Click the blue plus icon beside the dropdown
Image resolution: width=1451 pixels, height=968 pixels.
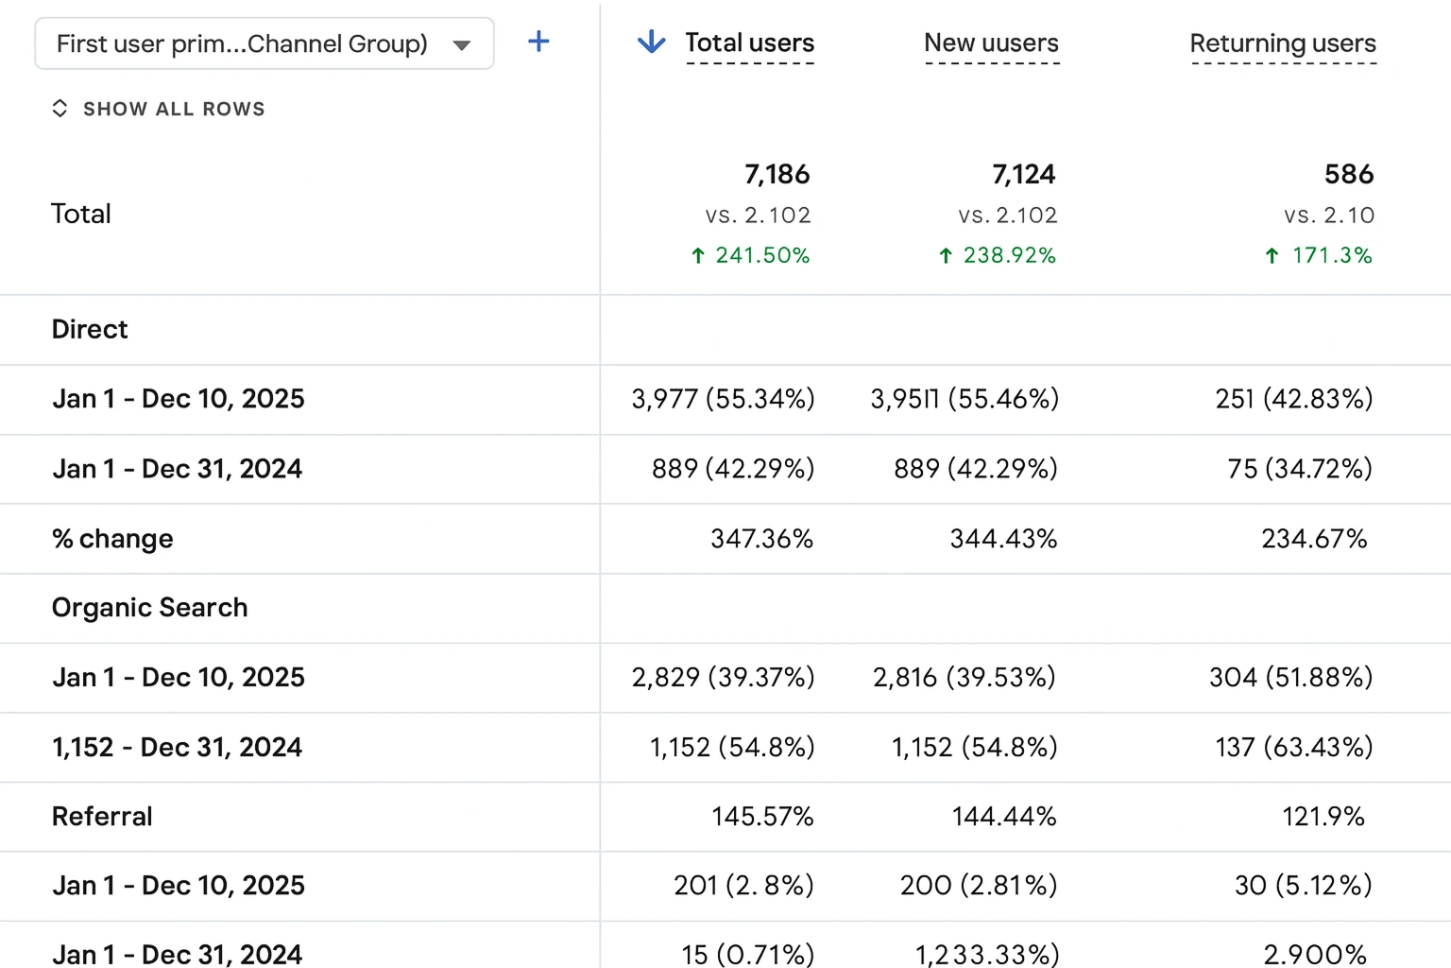tap(538, 43)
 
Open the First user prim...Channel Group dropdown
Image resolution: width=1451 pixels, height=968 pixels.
tap(265, 43)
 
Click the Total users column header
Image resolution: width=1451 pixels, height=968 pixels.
tap(749, 43)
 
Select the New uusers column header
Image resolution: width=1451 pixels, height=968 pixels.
tap(991, 43)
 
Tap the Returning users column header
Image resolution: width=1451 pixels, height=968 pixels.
tap(1283, 43)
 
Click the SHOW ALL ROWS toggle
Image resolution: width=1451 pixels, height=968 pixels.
tap(159, 109)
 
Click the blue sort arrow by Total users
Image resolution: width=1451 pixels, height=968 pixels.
tap(651, 42)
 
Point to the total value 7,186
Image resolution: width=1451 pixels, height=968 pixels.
tap(777, 174)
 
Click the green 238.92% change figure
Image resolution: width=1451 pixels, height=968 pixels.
tap(998, 255)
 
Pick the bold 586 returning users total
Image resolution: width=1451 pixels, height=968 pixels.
tap(1349, 174)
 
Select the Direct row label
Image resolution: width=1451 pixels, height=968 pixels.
tap(90, 329)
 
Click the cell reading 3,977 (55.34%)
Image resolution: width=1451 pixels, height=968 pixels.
tap(723, 399)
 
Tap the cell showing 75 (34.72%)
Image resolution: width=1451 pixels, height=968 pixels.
tap(1300, 469)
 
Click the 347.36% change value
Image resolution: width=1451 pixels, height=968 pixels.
tap(761, 539)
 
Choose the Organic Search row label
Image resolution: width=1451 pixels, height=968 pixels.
tap(149, 608)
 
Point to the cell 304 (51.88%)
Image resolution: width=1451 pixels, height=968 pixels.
tap(1291, 678)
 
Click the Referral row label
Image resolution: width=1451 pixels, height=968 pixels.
tap(102, 817)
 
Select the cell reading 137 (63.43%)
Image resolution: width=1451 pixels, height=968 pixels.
tap(1293, 747)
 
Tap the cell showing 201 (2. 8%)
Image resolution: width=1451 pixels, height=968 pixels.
tap(743, 886)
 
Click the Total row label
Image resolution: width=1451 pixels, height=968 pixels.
tap(81, 214)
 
